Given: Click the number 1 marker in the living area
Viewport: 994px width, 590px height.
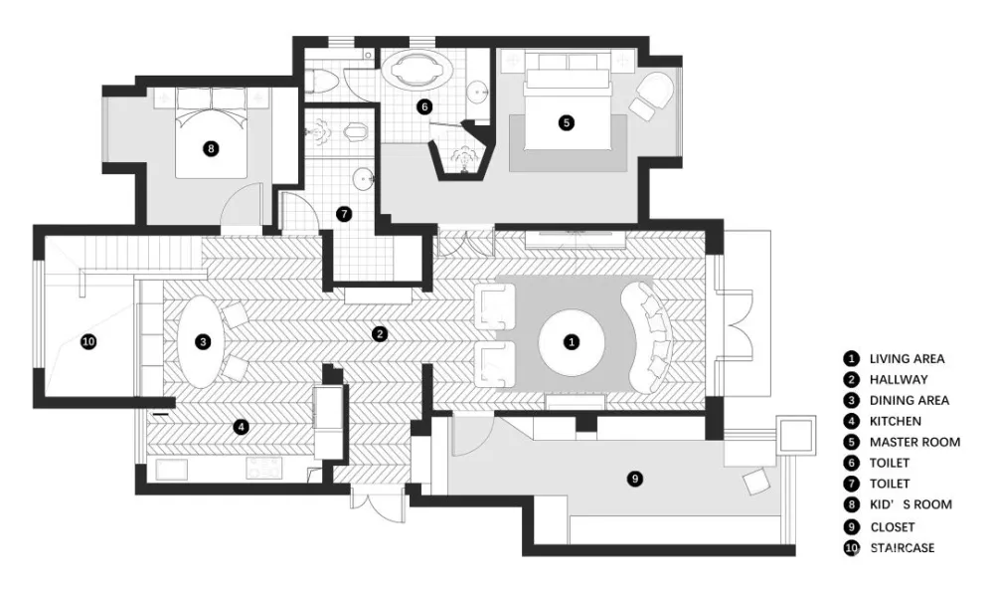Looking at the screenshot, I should [571, 341].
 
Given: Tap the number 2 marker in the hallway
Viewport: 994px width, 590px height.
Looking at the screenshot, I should [379, 333].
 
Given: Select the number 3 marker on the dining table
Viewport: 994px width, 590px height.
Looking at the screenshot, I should [203, 341].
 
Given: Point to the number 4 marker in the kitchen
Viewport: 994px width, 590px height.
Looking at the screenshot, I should [240, 427].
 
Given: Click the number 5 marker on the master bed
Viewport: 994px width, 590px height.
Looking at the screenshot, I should [566, 123].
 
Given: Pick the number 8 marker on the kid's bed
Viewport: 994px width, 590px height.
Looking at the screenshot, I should [210, 148].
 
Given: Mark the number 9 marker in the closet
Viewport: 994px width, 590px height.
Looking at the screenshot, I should [636, 479].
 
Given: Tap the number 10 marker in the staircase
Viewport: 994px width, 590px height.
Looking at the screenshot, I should [87, 341].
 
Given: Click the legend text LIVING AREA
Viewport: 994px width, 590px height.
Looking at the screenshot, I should [907, 358].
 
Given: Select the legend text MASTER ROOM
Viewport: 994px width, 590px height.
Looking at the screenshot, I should [914, 442].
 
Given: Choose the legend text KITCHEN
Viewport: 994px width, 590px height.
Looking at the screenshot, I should [895, 421].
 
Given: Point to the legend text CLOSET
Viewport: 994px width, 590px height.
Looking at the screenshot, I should [892, 526].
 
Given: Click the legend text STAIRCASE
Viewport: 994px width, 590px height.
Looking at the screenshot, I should [902, 547].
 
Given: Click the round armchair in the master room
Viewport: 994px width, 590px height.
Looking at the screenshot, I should [655, 95].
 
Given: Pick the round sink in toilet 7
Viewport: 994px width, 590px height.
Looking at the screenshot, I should [363, 180].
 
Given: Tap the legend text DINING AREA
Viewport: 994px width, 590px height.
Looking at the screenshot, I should [909, 400].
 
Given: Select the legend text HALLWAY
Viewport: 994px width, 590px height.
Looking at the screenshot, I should [899, 379].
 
